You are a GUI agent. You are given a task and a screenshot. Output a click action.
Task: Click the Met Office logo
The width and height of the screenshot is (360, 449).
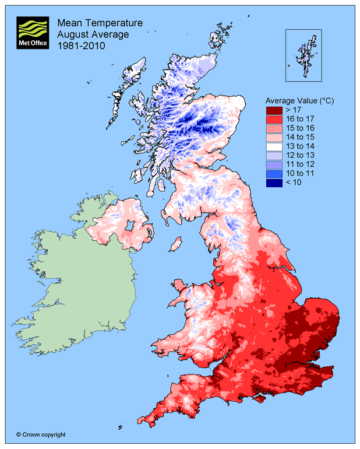tap(33, 33)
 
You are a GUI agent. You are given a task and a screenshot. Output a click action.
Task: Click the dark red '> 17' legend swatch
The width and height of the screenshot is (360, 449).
tap(274, 110)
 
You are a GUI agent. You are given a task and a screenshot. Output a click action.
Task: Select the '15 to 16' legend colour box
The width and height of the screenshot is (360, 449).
tap(274, 128)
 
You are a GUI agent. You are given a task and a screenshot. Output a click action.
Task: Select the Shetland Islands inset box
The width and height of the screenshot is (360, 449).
tap(303, 55)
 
